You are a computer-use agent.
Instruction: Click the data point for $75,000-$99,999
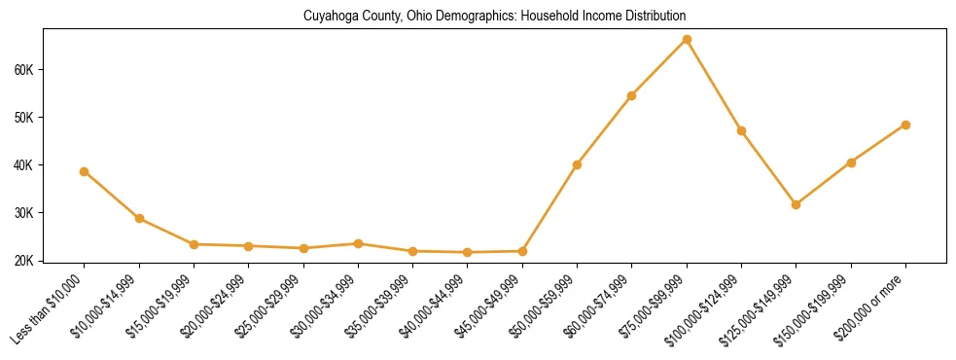coord(687,40)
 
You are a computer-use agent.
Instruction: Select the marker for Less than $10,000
coord(85,171)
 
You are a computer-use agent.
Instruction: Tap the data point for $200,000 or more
coord(905,125)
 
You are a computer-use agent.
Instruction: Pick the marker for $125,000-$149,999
coord(797,204)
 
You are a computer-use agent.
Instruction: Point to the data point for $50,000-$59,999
coord(577,164)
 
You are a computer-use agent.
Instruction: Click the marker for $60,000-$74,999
coord(632,95)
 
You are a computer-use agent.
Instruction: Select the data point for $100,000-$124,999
coord(741,130)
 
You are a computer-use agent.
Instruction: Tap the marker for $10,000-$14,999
coord(139,218)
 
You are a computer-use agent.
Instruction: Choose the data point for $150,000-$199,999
coord(851,162)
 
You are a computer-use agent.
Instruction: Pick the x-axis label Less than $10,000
coord(49,309)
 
